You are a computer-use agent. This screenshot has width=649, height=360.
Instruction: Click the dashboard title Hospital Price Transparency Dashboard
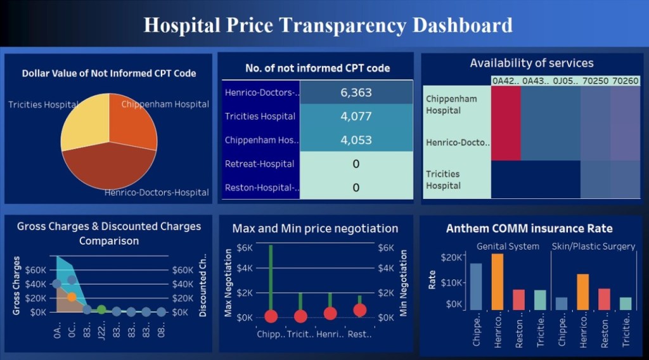328,25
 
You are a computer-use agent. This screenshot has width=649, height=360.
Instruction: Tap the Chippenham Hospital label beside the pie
165,104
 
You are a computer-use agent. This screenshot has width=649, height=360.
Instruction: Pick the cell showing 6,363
356,93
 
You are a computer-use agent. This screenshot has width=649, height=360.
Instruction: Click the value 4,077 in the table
356,117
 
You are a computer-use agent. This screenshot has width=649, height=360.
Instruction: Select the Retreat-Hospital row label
260,164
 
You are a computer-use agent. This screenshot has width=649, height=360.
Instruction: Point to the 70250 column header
596,81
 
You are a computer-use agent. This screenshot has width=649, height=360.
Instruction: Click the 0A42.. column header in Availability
506,81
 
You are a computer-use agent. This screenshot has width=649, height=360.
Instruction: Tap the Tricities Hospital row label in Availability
443,179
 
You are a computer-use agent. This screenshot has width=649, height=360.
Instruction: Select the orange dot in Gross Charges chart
72,297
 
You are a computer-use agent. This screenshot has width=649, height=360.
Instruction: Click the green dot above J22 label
101,310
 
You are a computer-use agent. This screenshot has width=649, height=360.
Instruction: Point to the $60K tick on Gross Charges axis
35,270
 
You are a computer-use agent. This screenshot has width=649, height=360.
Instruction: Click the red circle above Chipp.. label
271,316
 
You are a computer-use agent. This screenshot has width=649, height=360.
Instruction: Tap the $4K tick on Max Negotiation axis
245,269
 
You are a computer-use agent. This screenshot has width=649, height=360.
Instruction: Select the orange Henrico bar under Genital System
498,281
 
